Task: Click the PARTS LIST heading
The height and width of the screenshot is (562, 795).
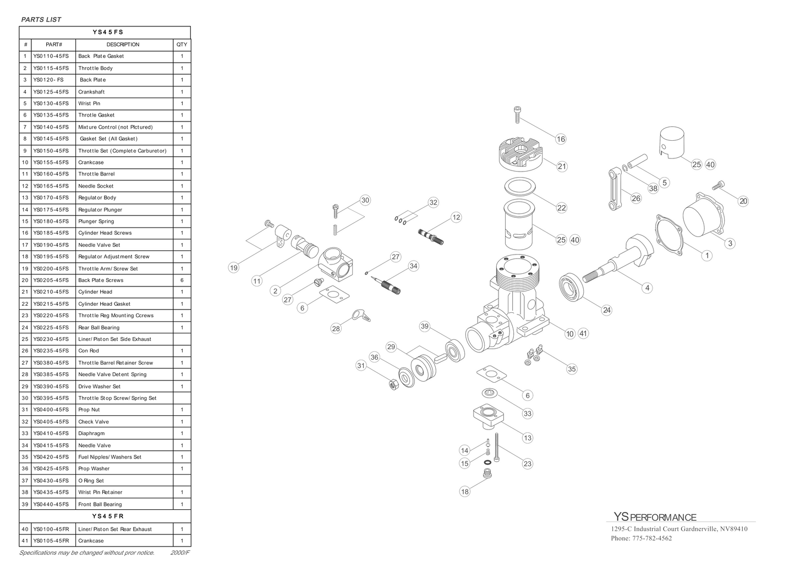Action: pos(41,19)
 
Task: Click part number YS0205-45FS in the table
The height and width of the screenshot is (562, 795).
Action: pos(51,280)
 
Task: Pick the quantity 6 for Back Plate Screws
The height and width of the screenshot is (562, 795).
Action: pos(182,280)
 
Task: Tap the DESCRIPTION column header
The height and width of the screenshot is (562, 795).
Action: pos(123,45)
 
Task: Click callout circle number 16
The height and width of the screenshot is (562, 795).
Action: pos(561,139)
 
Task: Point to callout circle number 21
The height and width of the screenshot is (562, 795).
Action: pos(562,166)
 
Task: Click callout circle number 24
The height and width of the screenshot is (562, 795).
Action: pos(607,310)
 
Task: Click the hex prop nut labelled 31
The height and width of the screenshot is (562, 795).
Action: pos(393,384)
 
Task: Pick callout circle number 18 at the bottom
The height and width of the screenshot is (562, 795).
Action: pos(465,492)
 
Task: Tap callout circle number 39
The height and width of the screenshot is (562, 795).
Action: pos(424,326)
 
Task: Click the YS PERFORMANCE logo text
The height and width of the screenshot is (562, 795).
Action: pos(655,517)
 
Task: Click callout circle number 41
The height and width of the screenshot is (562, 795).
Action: pos(583,333)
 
